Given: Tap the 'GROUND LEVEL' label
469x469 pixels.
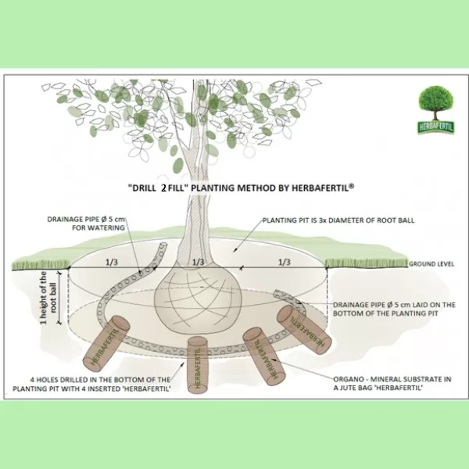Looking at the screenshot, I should click(x=430, y=264).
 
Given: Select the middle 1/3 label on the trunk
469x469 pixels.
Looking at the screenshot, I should click(x=198, y=261).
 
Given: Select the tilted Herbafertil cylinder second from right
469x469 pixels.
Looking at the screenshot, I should click(x=262, y=356).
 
